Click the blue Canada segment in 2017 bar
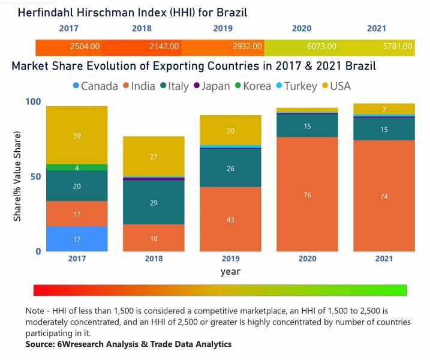tap(77, 239)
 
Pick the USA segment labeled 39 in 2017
tap(77, 136)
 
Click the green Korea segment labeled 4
tap(77, 167)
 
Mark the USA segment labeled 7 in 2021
tap(384, 109)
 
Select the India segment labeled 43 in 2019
tap(230, 219)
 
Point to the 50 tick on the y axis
tap(35, 176)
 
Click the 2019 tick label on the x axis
tap(230, 259)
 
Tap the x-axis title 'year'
tap(230, 271)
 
